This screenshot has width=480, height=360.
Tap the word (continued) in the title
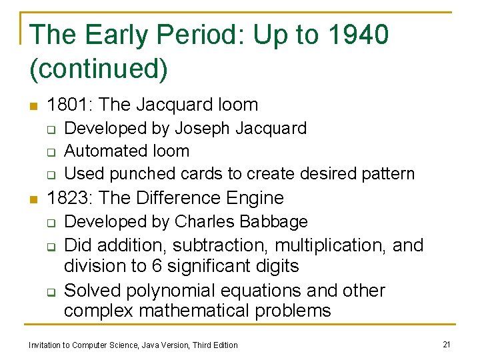click(x=99, y=69)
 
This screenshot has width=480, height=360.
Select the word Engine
click(x=256, y=198)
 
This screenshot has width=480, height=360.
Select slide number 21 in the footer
click(x=447, y=344)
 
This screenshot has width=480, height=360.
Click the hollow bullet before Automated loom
click(x=51, y=151)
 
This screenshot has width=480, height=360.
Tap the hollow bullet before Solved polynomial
click(x=51, y=291)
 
